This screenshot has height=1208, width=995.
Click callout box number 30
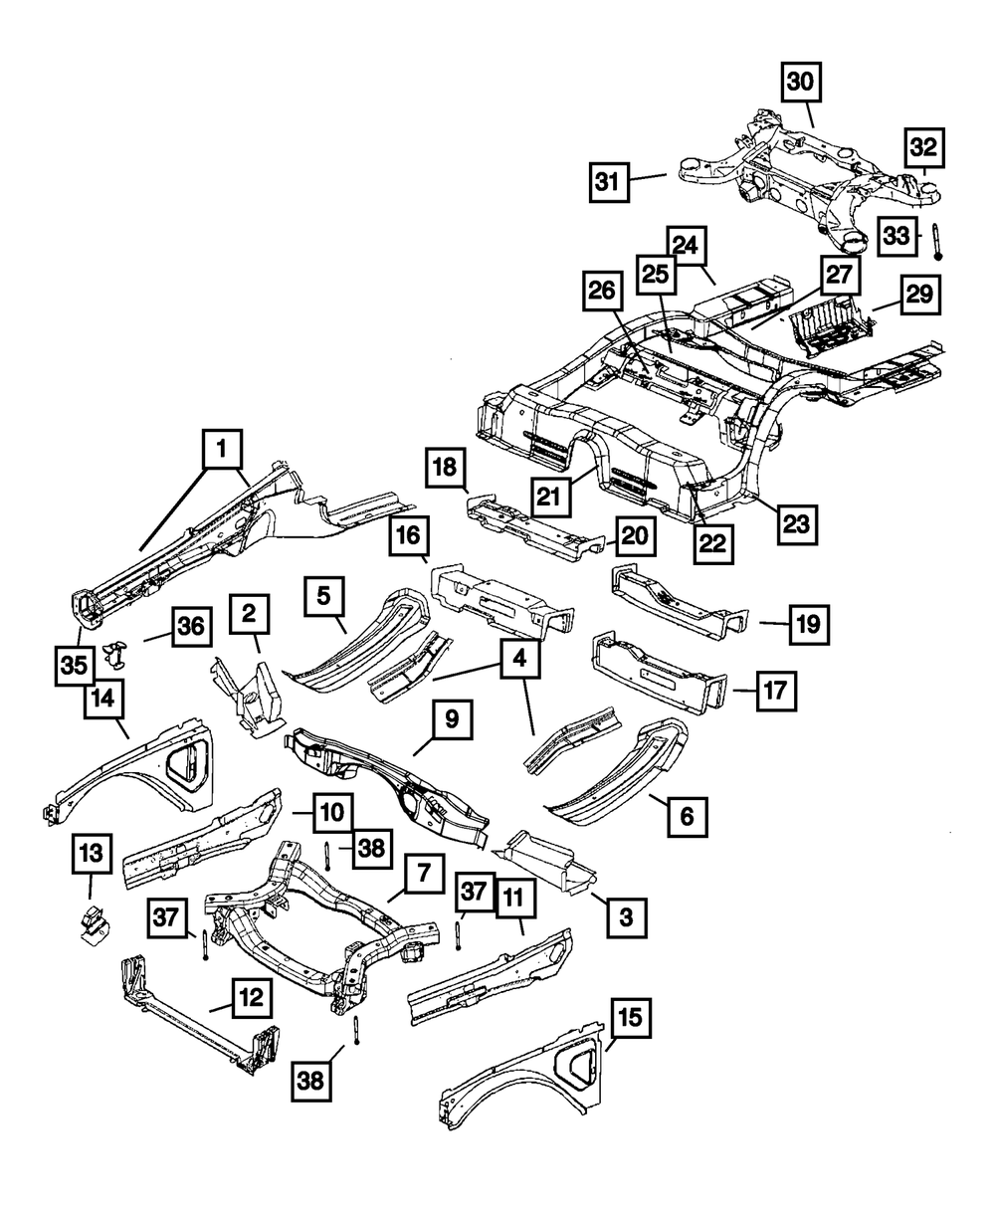[801, 84]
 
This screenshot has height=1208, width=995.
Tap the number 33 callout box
[896, 236]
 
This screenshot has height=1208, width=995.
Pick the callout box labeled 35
[76, 667]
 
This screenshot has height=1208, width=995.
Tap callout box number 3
[626, 915]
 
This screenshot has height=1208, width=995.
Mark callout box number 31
[607, 182]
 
